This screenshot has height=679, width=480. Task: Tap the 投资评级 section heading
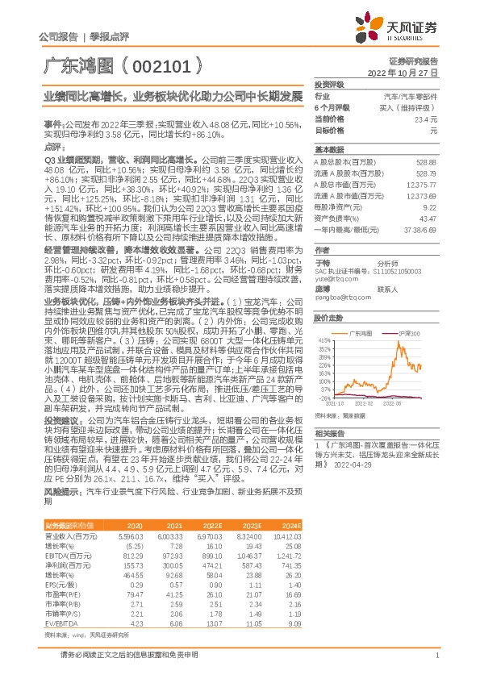[328, 85]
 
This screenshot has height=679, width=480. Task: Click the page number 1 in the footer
[436, 664]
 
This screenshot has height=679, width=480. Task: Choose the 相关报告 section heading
[328, 433]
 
